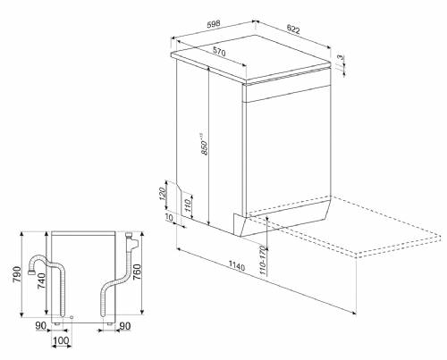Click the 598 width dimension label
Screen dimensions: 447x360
pos(214,23)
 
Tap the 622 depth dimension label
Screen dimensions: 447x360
pos(293,29)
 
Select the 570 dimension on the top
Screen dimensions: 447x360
pos(219,52)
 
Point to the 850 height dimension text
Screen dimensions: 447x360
pos(205,144)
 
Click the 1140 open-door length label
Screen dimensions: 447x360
pos(237,265)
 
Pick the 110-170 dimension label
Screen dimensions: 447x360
pos(262,260)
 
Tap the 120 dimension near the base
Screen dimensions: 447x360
pos(163,194)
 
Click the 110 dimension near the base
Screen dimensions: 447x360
pos(188,205)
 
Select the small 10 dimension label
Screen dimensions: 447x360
pos(169,217)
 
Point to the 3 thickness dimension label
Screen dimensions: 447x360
pos(341,57)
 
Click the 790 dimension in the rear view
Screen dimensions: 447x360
pos(16,274)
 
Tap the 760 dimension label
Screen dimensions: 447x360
pos(137,272)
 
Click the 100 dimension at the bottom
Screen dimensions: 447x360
pos(61,340)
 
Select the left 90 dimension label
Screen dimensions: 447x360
pos(41,325)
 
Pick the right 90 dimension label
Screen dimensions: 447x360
pos(125,326)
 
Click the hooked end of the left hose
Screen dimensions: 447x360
pos(30,272)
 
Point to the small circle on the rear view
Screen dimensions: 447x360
pos(72,317)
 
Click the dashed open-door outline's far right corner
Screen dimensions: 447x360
pos(441,235)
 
